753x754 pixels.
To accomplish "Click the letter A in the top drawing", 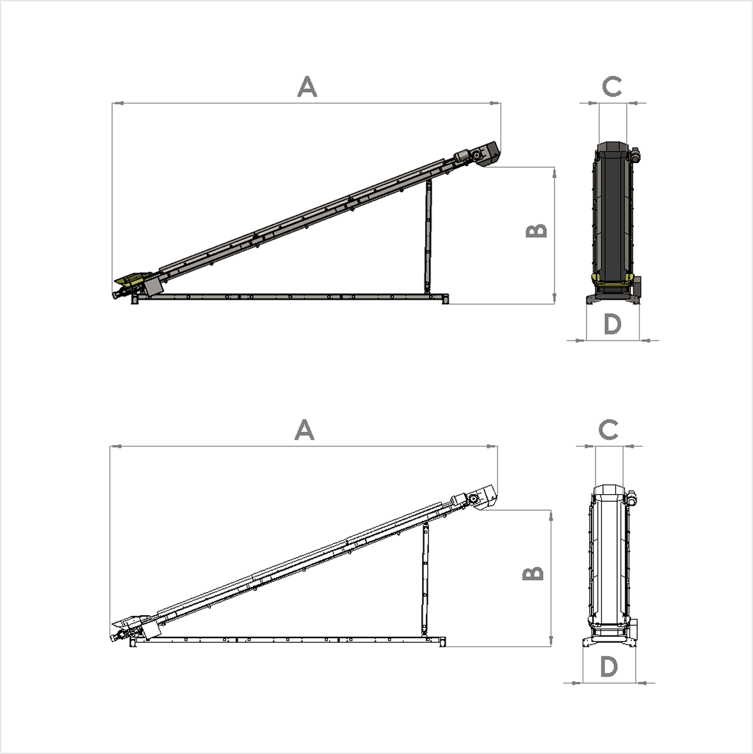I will click(307, 87).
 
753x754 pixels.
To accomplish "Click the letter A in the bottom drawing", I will click(305, 431).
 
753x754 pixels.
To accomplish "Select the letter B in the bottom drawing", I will click(533, 574).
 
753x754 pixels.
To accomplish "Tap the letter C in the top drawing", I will click(612, 86).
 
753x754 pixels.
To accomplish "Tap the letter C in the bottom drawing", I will click(608, 429).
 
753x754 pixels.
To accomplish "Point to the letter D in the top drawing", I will click(613, 325).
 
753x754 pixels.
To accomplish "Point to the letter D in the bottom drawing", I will click(609, 668).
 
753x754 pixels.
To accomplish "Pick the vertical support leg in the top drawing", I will click(426, 237).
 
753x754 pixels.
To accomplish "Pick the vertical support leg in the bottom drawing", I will click(424, 579).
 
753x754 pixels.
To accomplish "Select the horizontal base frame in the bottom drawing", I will click(288, 639).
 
